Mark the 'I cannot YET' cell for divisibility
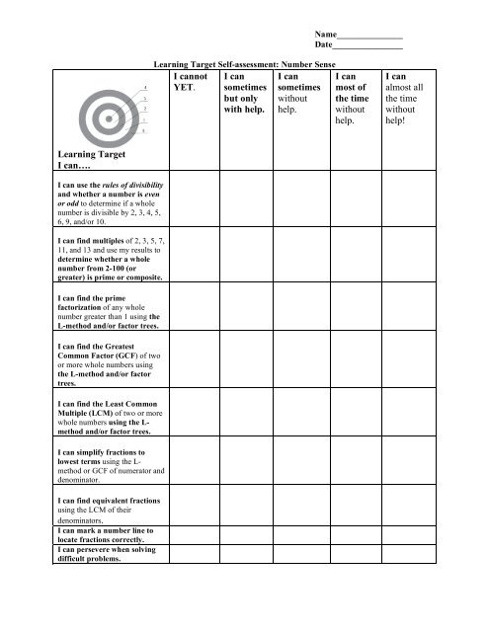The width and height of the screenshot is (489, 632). pyautogui.click(x=194, y=204)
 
